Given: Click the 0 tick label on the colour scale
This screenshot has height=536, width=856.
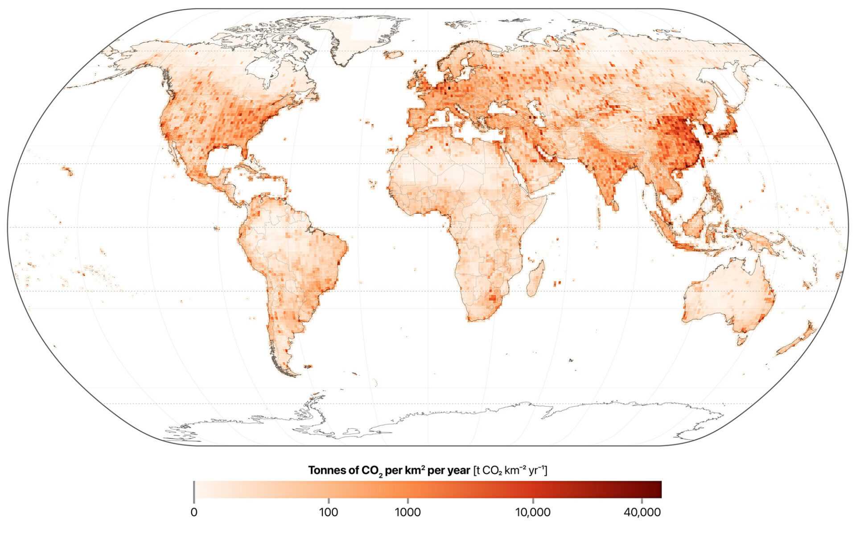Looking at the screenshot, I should click(194, 512).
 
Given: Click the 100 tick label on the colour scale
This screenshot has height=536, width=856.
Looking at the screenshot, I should click(329, 512).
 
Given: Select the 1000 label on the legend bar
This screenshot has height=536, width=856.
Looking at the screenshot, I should click(407, 512).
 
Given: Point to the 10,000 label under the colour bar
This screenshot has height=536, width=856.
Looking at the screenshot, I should click(533, 512).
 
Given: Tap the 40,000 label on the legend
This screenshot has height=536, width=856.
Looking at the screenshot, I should click(642, 512).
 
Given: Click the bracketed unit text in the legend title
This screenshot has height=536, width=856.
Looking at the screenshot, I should click(510, 470).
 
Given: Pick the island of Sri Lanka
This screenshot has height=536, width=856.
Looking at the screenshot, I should click(615, 206).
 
